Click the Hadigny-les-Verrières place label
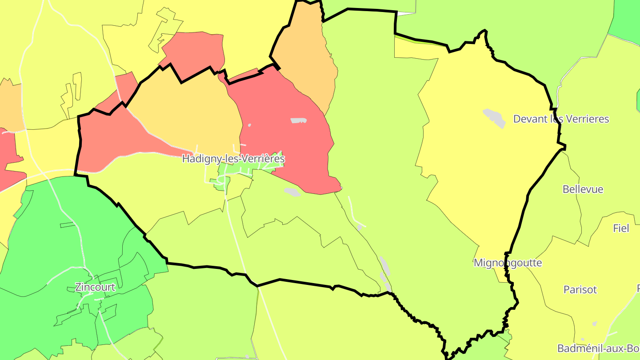233,159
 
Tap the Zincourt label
95,287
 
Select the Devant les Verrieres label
561,119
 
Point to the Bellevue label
583,189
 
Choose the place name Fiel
621,228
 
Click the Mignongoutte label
508,263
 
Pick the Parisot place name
580,290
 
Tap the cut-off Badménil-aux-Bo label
598,348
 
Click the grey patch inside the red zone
298,120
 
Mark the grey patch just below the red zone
292,192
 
